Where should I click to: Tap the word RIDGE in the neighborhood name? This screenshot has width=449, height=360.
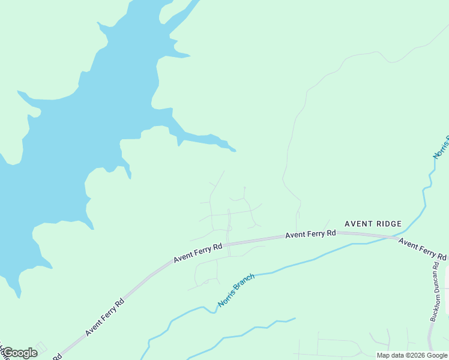tap(388, 224)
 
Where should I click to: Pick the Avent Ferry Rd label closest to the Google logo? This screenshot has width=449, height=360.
tap(104, 315)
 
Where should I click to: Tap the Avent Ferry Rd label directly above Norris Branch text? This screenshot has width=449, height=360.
tap(198, 253)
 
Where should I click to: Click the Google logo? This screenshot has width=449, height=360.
tap(19, 353)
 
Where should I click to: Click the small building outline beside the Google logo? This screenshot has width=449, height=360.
tap(41, 347)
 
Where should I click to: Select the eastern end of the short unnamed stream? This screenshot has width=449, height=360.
tap(295, 319)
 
